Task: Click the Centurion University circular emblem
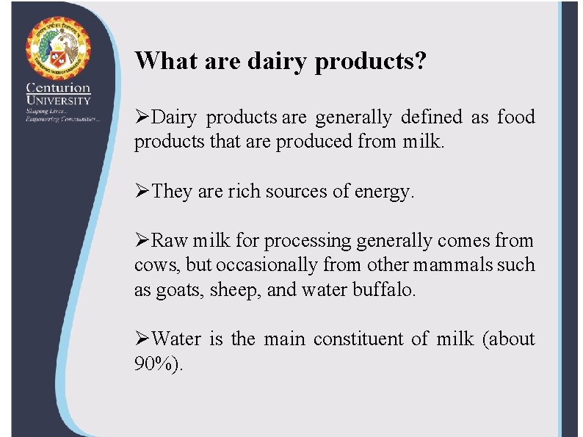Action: [x=58, y=47]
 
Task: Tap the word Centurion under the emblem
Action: [x=58, y=89]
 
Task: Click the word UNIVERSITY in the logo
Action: [x=58, y=100]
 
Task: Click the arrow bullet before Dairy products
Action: [x=142, y=118]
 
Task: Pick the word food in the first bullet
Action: [x=515, y=118]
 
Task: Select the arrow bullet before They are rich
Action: [x=142, y=192]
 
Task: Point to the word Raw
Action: [x=169, y=241]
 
